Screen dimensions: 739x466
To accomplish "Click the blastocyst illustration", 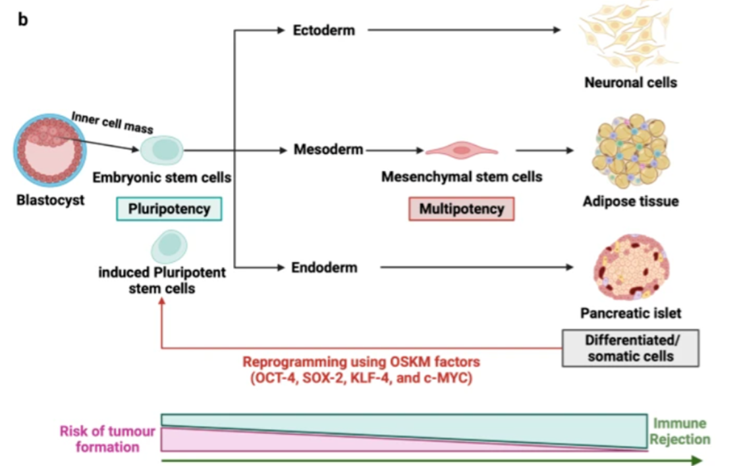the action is coord(50,150).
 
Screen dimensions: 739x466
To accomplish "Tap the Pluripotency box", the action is coord(169,209).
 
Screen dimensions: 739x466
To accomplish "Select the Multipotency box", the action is coord(462,209).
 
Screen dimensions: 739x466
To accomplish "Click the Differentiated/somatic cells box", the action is coord(630,348).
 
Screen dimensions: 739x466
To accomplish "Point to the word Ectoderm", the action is coord(324,30).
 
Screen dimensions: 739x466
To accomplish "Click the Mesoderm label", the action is coord(329,149).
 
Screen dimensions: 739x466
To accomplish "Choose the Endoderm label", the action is coord(324,268).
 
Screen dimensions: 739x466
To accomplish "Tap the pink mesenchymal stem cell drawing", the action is coord(462,150).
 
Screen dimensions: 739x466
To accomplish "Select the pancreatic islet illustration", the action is coord(631,267).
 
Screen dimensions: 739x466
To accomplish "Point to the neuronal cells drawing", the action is coord(629,36).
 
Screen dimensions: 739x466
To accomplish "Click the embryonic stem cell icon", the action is coord(161,150).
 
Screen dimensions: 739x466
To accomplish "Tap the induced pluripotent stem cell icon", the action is coord(169,246).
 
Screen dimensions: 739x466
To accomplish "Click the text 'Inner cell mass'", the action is coord(112,122).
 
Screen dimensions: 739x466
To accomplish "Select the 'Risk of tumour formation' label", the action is coord(107,438).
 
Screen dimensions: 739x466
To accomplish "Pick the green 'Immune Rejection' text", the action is coord(680,431).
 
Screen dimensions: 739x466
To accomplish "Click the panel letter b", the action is coord(22,19).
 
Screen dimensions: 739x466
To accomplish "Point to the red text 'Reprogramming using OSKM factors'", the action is coord(361,362).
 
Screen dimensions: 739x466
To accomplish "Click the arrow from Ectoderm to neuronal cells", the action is coord(464,30).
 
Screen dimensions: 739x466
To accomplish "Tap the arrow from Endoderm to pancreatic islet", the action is coord(476,267).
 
